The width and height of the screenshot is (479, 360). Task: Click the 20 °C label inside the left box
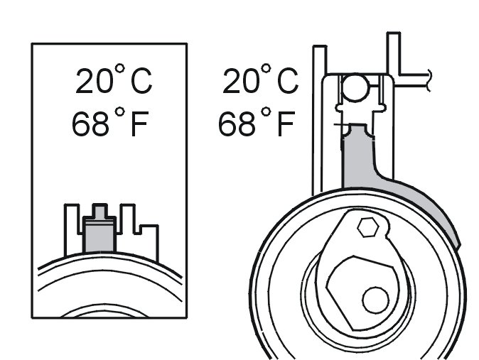[114, 79]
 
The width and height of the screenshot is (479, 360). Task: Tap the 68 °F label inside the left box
[110, 121]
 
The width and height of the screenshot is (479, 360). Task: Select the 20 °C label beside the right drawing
[260, 79]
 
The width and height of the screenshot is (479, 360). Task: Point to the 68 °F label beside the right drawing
[257, 121]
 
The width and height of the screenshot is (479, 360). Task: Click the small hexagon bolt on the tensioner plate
[368, 227]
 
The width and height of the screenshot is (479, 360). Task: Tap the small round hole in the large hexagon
[375, 300]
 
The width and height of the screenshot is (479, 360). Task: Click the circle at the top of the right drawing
[355, 87]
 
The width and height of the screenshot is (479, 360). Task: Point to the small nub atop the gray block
[99, 210]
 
